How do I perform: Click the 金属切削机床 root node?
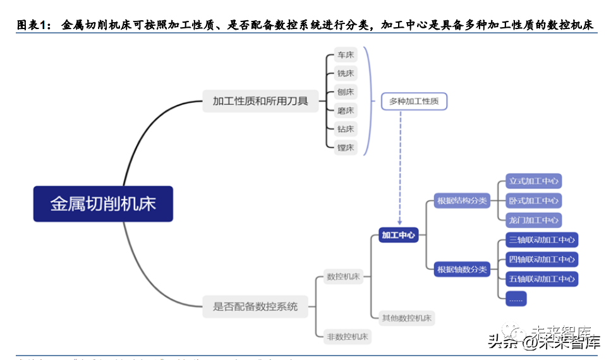point(103,203)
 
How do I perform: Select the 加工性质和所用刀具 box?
point(260,100)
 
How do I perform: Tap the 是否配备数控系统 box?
point(259,307)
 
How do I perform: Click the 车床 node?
point(346,56)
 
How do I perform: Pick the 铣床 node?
point(346,74)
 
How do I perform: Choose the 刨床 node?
point(346,92)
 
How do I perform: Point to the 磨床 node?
point(346,111)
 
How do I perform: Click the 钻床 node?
point(346,129)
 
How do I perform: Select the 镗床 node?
point(346,148)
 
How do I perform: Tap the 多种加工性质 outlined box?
point(414,100)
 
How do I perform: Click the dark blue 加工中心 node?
point(399,235)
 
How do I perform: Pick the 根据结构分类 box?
point(463,201)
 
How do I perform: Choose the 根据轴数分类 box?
point(463,270)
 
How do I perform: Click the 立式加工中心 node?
point(534,181)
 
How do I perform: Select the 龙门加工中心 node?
point(534,220)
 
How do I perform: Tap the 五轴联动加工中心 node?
point(542,279)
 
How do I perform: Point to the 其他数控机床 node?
point(406,318)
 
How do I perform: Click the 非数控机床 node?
point(347,336)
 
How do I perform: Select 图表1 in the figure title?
point(32,25)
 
